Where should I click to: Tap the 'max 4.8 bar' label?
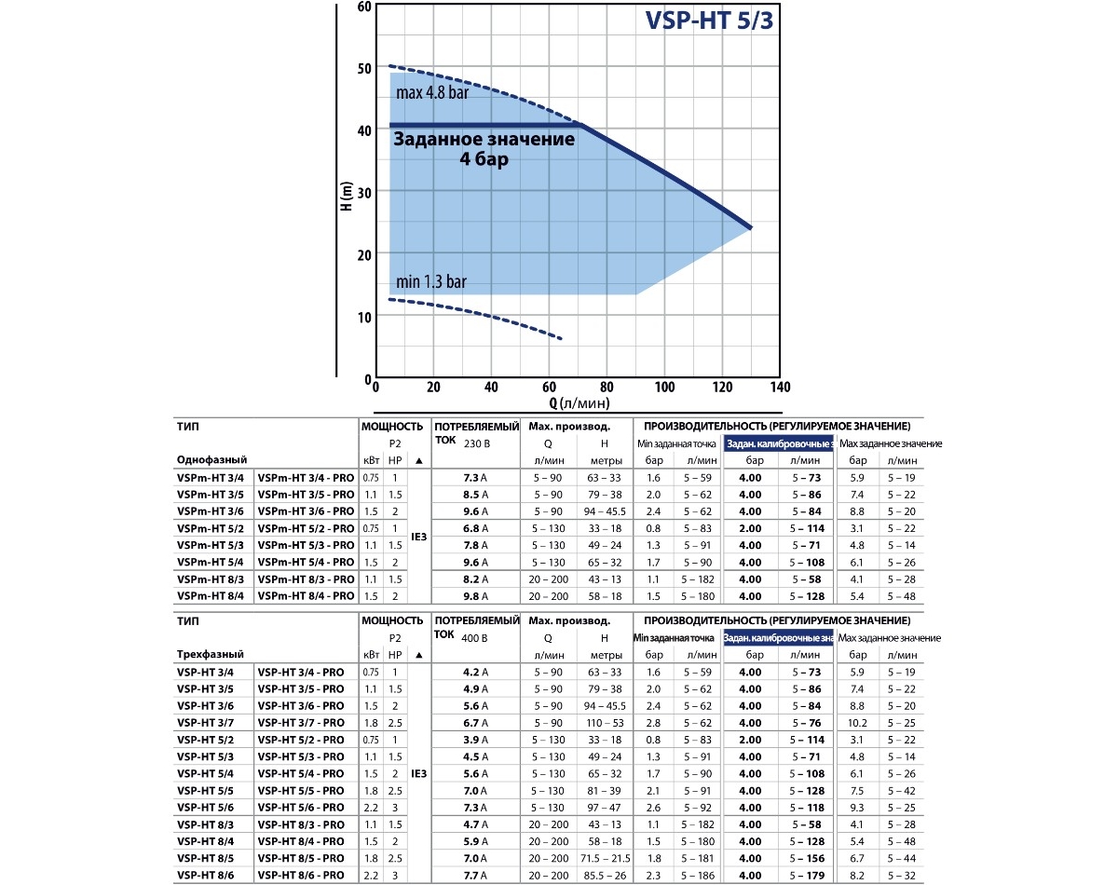click(431, 93)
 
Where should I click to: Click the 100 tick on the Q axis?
click(664, 388)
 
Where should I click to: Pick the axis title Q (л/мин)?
click(579, 403)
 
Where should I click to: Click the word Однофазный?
click(211, 460)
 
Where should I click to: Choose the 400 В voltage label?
click(475, 638)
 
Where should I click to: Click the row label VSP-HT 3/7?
click(205, 723)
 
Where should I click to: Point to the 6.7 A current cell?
click(475, 723)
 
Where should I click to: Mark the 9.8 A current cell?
click(475, 596)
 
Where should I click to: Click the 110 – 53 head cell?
click(604, 723)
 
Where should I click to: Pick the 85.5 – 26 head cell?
click(604, 875)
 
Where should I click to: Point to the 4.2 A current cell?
click(475, 673)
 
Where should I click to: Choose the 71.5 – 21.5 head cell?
click(604, 858)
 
